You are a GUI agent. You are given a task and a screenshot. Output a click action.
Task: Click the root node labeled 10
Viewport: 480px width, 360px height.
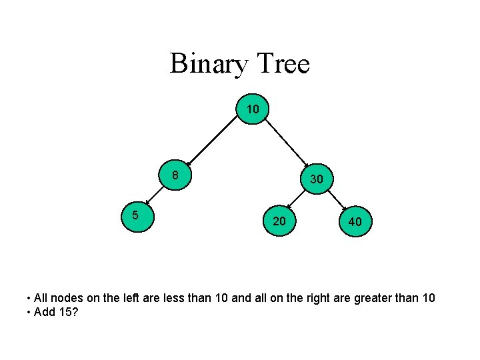tap(253, 109)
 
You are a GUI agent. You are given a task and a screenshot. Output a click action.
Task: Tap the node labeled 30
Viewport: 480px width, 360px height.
tap(317, 179)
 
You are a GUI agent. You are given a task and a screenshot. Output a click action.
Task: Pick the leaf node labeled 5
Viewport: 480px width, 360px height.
tap(137, 216)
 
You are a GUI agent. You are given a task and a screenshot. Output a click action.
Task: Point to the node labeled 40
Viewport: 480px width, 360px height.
tap(355, 221)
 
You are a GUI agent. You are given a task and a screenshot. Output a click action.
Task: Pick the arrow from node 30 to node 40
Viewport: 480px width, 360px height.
tap(337, 200)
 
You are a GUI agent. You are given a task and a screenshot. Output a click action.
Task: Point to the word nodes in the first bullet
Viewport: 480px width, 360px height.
tap(67, 298)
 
